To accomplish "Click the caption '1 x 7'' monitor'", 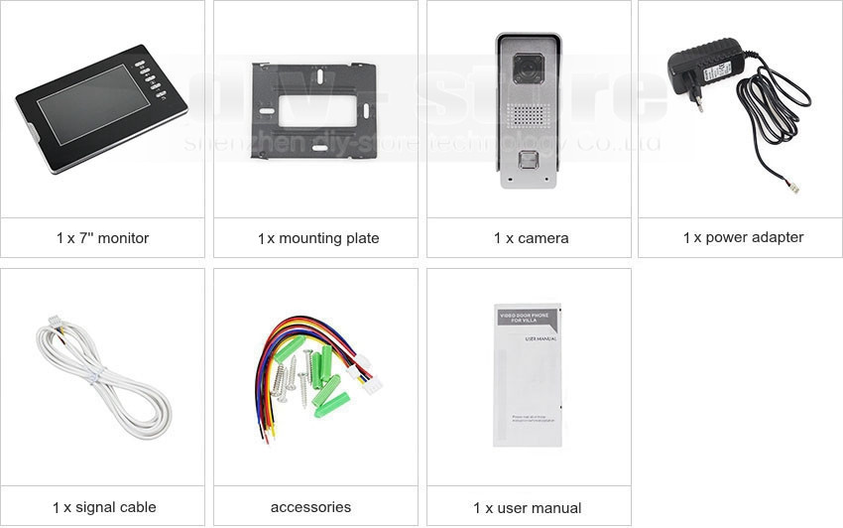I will coord(102,238).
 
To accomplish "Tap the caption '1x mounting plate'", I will coord(317,238).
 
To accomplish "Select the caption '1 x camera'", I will coord(531,238).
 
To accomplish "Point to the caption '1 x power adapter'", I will coord(743,237).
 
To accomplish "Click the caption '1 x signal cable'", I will coord(104,507).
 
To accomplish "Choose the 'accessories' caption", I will coord(310,507).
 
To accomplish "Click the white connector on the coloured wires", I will coord(372,382).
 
